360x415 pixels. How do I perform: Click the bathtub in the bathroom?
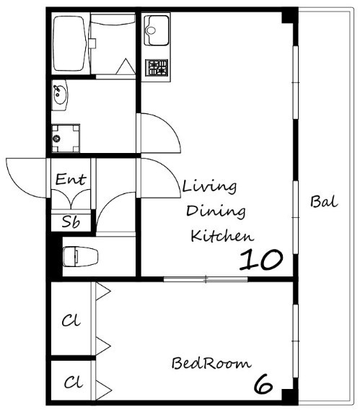click(71, 43)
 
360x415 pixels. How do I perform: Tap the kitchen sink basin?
click(157, 30)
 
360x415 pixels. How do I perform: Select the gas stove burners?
click(157, 68)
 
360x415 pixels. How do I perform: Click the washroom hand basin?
click(60, 95)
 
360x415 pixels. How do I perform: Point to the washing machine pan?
click(66, 138)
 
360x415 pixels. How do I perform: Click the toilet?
click(80, 256)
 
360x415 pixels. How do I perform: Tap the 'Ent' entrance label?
click(71, 179)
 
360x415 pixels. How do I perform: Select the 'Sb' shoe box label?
click(71, 222)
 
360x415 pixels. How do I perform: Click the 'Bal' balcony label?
click(324, 201)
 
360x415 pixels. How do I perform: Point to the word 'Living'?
click(209, 188)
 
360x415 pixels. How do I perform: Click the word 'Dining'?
click(216, 211)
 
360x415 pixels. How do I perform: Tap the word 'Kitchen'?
click(222, 235)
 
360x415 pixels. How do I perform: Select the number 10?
click(261, 260)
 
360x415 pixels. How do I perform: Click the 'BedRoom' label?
click(211, 363)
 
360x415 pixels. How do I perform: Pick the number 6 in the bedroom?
click(263, 384)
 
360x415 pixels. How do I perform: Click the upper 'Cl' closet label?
click(71, 320)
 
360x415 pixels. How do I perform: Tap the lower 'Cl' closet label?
click(74, 383)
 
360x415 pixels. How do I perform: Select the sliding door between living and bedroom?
click(206, 279)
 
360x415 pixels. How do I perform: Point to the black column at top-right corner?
click(290, 16)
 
